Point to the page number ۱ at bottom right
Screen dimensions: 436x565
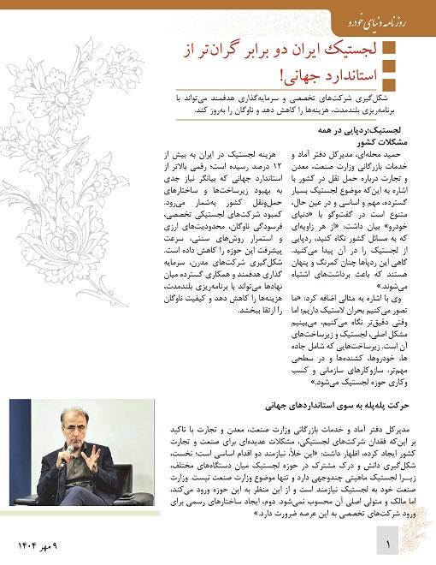point(387,543)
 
